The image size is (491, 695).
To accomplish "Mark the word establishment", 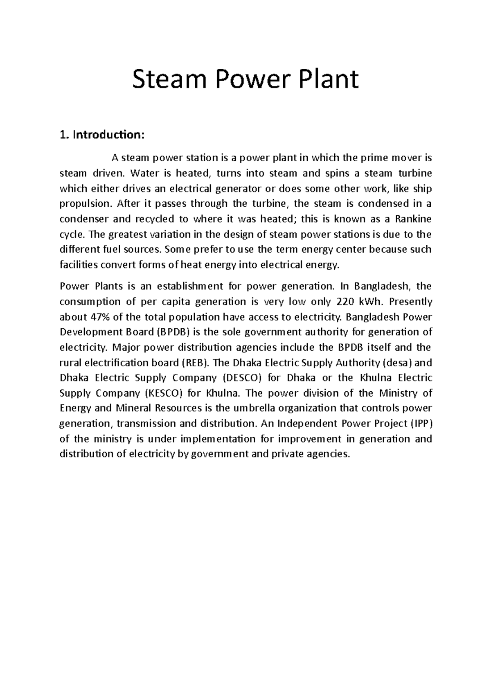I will [x=191, y=286].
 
